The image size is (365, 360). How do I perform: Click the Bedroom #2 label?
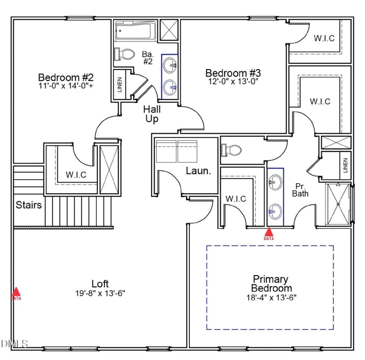[66, 77]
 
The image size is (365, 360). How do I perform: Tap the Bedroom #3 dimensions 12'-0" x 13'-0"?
[233, 82]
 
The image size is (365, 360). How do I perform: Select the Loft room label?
[100, 284]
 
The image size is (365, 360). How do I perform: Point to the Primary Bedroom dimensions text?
[271, 298]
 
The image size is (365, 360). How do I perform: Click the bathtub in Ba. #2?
[136, 31]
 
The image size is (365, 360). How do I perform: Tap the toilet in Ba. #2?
[125, 54]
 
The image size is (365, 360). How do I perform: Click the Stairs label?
[29, 205]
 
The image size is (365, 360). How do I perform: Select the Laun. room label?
[198, 171]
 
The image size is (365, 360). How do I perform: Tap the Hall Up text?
[152, 114]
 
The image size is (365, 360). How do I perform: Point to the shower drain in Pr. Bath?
[338, 204]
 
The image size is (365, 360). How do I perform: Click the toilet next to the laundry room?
[231, 150]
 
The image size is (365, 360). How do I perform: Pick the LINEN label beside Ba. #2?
[120, 85]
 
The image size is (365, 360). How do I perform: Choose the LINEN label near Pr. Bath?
[345, 165]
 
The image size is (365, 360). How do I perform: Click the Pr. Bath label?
[300, 190]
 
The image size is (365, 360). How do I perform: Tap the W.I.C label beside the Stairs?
[76, 175]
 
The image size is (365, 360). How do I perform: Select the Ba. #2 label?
[148, 58]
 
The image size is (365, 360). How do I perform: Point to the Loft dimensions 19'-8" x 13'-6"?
[100, 293]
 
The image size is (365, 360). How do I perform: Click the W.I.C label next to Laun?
[236, 199]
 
